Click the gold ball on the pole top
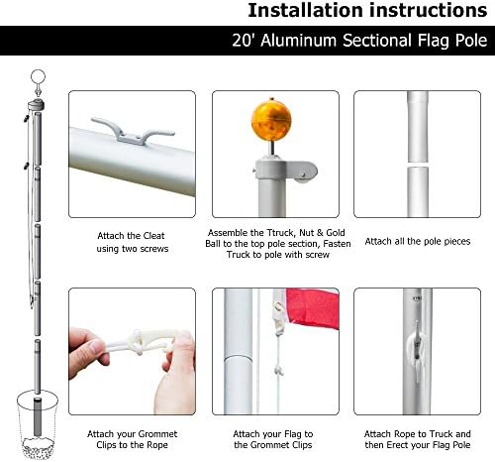pos(271,120)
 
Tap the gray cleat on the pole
pos(132,132)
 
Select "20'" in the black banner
pos(243,41)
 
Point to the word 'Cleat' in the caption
pos(153,236)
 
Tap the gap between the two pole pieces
pos(418,165)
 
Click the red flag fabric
pos(312,309)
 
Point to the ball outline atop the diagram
pos(38,77)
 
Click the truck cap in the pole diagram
pos(36,106)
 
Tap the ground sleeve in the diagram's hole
pos(38,417)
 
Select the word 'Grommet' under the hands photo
pos(157,434)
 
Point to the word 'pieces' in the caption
pos(457,242)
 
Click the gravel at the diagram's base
pos(38,447)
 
